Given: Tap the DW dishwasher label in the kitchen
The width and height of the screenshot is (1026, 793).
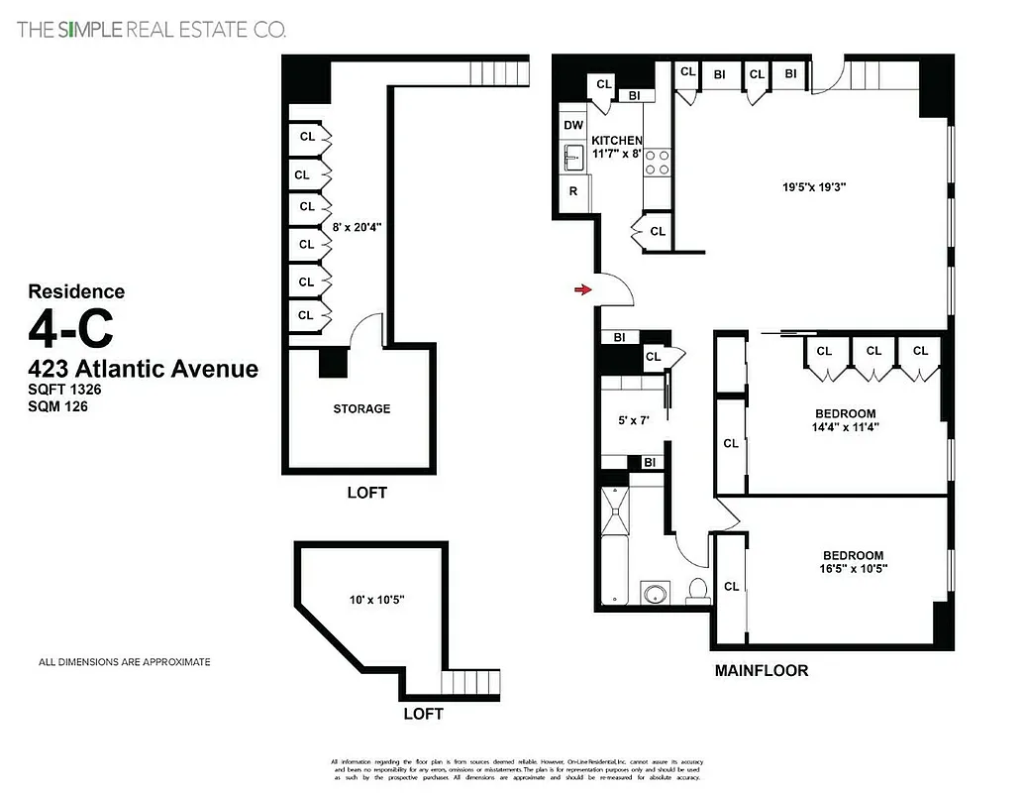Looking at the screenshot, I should (573, 125).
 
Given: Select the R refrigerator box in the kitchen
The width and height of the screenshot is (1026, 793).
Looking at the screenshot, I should (572, 191).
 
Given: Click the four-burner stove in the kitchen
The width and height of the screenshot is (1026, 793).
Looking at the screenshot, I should (657, 162).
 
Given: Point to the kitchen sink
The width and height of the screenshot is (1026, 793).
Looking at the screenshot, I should (573, 158).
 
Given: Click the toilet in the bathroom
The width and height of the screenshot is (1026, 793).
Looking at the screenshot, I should (697, 590).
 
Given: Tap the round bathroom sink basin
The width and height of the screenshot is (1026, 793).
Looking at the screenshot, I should (655, 594).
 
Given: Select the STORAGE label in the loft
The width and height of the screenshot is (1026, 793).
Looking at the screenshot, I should (361, 408).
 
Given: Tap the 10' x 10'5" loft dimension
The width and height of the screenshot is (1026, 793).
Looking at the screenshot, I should (376, 600).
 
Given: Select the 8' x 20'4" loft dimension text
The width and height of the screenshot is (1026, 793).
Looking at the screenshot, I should (358, 226).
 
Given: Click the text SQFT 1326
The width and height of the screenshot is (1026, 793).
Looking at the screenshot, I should (65, 391).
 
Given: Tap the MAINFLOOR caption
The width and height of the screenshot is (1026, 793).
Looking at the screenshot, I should (761, 670).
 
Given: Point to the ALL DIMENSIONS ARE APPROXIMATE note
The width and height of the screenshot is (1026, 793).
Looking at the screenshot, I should (124, 662).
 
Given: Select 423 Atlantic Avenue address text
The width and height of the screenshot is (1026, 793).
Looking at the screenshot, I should (143, 370).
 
